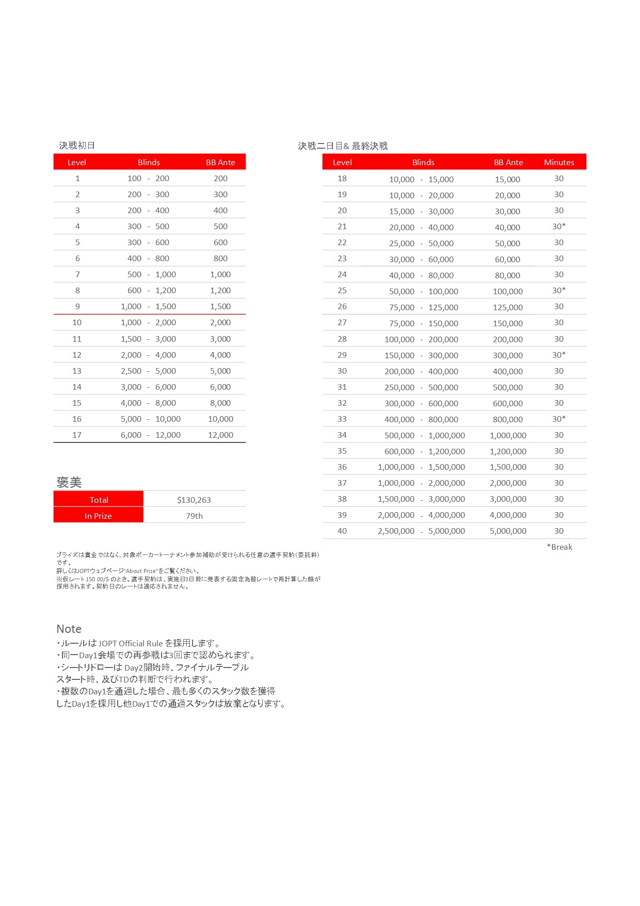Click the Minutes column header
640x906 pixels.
click(x=559, y=162)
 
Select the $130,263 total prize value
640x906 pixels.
click(x=194, y=500)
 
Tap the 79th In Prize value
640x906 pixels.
click(x=194, y=516)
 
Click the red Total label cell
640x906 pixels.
click(x=99, y=500)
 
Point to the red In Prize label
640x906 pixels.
click(x=98, y=516)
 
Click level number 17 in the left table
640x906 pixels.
click(x=77, y=435)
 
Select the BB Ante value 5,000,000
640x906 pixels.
click(x=508, y=531)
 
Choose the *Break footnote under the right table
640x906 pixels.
click(x=559, y=547)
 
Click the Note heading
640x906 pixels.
click(x=69, y=629)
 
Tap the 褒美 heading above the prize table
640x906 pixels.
click(x=69, y=482)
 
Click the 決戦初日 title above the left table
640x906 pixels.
click(x=77, y=146)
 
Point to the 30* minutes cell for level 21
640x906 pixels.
click(x=559, y=226)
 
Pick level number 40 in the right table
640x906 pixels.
click(x=342, y=531)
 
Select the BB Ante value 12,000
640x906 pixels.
click(x=220, y=435)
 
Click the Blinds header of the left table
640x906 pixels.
click(x=149, y=162)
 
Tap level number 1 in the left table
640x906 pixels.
click(x=77, y=178)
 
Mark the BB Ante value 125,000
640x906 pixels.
click(x=508, y=307)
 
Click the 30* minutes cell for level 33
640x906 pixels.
click(x=559, y=419)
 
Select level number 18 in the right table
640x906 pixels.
click(x=342, y=178)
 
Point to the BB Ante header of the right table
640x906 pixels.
click(x=508, y=162)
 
